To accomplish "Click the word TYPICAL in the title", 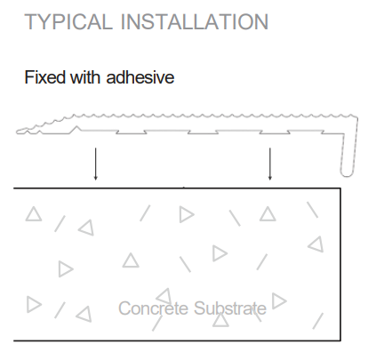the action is pos(68,21).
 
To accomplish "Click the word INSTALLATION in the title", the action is pos(195,21).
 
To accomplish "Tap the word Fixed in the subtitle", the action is pos(45,77).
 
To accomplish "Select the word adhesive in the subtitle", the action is pos(140,77).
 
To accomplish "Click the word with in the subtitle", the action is pos(84,77).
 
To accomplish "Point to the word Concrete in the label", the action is pos(153,308).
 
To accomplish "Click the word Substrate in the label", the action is pos(230,308).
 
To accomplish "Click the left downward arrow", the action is pos(95,164).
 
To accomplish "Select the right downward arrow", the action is pos(269,164).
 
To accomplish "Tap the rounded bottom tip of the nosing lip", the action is pos(347,175).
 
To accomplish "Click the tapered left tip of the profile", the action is pos(18,132).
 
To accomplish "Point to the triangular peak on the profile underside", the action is pos(77,126).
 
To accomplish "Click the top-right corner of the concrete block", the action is pos(340,188).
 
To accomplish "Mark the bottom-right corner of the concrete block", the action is pos(340,340).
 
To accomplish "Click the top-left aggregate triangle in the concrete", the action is pos(34,214).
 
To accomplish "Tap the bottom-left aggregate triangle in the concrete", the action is pos(33,304).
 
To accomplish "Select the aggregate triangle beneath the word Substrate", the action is pos(220,321).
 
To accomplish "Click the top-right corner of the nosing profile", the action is pos(356,116).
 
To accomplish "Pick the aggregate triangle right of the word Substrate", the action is pos(278,300).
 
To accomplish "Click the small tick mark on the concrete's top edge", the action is pos(184,188).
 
